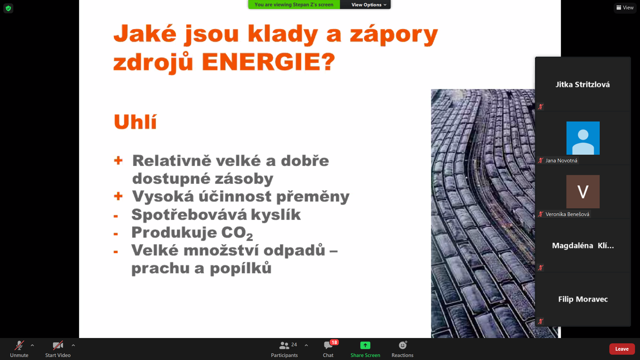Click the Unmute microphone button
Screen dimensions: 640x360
19,349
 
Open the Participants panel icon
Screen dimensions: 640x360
284,345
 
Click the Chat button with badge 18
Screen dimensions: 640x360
328,349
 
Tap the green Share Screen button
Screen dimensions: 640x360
365,349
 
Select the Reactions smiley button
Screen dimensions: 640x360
403,349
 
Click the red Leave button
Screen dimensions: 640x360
622,349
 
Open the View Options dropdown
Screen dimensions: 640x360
369,5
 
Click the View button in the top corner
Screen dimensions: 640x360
625,8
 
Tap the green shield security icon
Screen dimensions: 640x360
8,8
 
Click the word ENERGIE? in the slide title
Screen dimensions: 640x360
269,62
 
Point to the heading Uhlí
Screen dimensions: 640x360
135,122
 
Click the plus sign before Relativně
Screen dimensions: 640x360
118,161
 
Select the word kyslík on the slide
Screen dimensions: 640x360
276,215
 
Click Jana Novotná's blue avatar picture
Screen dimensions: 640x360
583,138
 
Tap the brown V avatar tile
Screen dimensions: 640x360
583,192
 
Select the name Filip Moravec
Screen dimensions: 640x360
583,299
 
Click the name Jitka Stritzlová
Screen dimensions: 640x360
583,85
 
